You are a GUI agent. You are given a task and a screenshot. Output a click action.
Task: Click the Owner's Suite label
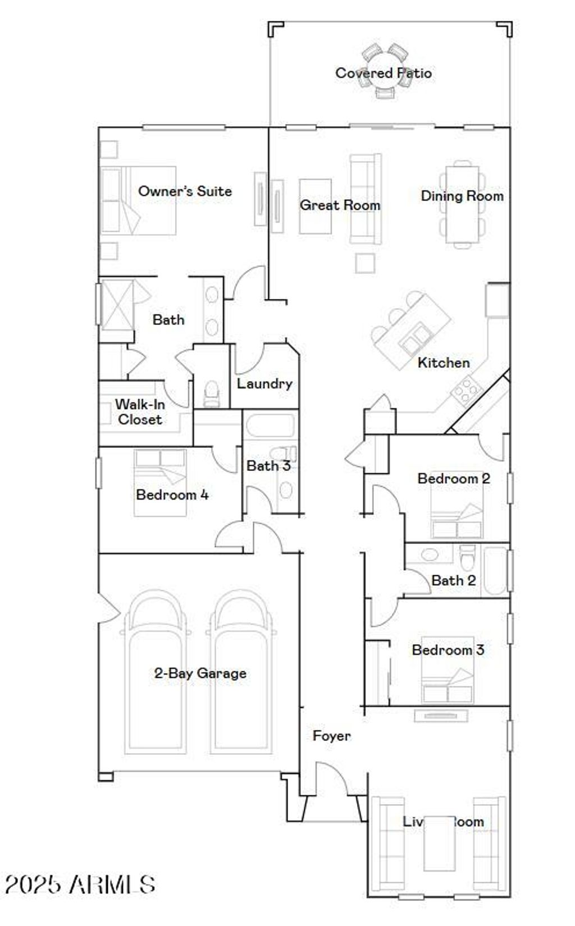tap(185, 191)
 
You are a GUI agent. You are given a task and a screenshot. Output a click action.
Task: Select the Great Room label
tap(340, 205)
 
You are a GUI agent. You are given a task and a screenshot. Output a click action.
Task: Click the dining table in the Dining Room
tap(462, 205)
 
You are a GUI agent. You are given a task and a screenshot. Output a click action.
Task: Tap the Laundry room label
tap(264, 384)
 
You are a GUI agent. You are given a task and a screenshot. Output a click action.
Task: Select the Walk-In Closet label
tap(140, 412)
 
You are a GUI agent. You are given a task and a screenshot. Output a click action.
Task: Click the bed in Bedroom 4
tap(160, 483)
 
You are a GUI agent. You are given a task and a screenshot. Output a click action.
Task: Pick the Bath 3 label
tap(268, 466)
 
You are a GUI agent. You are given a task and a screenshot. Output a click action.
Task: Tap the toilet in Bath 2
tap(467, 558)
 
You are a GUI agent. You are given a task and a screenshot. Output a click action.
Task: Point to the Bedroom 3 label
tap(448, 650)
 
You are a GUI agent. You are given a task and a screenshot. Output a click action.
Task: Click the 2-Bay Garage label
tap(200, 673)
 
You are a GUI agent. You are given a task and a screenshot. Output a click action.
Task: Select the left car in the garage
tap(156, 673)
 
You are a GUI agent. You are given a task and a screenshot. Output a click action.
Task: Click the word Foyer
tap(331, 736)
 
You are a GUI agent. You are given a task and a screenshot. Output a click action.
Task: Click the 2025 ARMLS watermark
tap(80, 884)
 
